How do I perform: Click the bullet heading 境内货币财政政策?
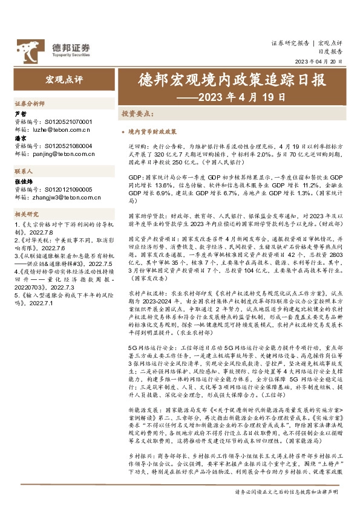(152, 131)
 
